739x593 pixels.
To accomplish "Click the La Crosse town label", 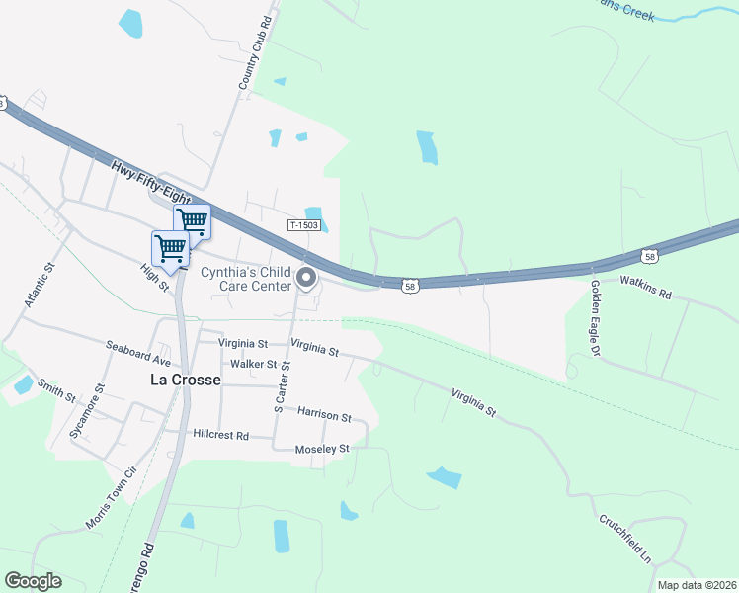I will coord(186,380).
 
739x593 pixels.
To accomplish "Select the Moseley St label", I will coord(323,449).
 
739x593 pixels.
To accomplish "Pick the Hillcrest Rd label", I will coord(220,435).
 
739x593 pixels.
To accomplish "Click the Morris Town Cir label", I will coord(107,504).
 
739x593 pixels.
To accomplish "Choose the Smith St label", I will coord(56,390).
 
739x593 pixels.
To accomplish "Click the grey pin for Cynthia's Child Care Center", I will coord(306,279).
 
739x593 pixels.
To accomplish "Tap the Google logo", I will coord(33,581).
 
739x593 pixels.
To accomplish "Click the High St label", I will coord(155,278).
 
